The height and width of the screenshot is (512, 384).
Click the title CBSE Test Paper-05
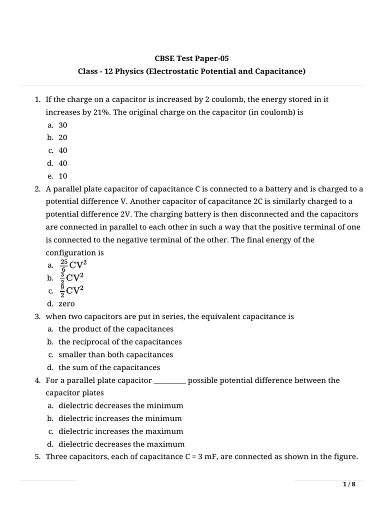click(x=191, y=58)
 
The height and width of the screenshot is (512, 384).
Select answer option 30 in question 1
click(x=62, y=125)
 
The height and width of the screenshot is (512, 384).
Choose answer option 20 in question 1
click(x=62, y=137)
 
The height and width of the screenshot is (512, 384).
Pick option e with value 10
click(x=62, y=176)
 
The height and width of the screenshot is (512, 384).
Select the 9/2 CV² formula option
click(x=72, y=290)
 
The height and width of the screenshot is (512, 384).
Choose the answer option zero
click(x=66, y=303)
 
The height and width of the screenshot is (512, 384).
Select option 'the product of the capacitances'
click(x=116, y=329)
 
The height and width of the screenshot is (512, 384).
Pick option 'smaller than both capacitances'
click(x=115, y=354)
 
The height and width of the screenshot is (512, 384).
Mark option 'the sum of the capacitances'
click(x=109, y=367)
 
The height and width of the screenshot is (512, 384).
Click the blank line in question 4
click(x=170, y=381)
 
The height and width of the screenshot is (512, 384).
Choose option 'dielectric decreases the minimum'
click(x=120, y=405)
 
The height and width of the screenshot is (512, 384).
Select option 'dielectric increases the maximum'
click(x=120, y=431)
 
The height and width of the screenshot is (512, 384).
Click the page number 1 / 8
click(x=349, y=484)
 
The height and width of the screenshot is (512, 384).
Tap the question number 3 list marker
click(x=37, y=316)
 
